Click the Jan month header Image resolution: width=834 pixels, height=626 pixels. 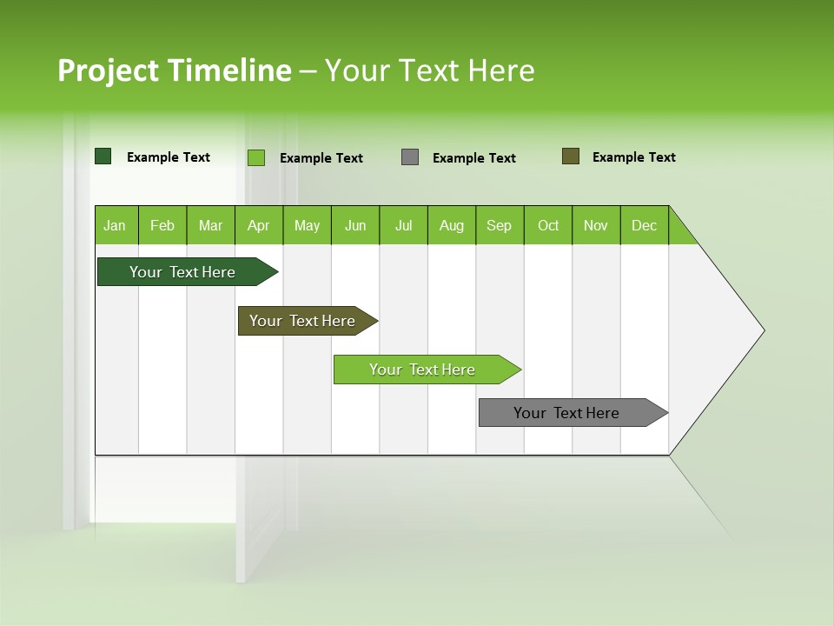(116, 225)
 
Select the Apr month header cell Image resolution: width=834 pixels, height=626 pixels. (259, 225)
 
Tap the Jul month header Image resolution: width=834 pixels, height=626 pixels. (403, 225)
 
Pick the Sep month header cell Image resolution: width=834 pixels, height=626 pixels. (500, 225)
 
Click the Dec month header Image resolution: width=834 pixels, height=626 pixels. (644, 225)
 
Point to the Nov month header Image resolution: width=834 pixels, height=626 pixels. (596, 225)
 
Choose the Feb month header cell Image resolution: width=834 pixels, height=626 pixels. (162, 225)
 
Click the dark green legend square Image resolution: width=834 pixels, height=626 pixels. (103, 156)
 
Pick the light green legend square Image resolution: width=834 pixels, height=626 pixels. (256, 157)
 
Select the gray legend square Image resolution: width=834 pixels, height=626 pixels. (410, 157)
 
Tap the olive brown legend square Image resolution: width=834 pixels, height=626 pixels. (570, 156)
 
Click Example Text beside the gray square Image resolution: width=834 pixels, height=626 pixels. (474, 158)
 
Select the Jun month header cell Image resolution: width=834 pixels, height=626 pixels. (355, 225)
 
